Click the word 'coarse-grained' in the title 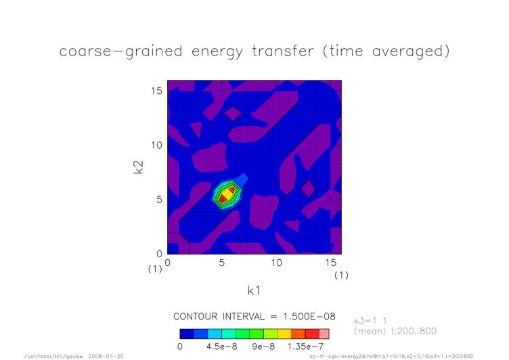point(120,51)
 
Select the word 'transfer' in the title point(283,51)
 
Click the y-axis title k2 point(139,167)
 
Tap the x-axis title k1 point(254,290)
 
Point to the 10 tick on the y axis point(156,145)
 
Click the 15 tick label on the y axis point(156,91)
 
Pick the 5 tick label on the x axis point(222,263)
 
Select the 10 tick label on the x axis point(276,263)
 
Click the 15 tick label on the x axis point(331,263)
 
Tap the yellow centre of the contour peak point(227,194)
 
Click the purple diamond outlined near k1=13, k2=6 point(308,189)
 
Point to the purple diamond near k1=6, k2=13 point(233,114)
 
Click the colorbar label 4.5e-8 point(222,346)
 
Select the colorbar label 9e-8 point(263,346)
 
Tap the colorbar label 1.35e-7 point(305,346)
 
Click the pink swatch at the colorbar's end point(324,334)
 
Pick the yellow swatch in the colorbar point(284,334)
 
